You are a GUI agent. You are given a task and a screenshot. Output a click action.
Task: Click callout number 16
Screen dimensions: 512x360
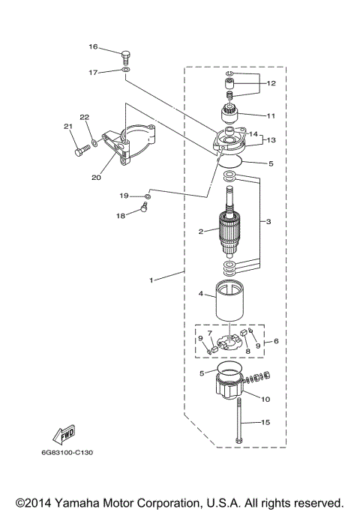pyautogui.click(x=94, y=47)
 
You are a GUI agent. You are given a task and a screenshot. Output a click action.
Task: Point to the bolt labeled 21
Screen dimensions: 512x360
pyautogui.click(x=80, y=151)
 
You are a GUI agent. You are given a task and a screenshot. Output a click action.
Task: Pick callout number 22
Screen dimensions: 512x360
pyautogui.click(x=85, y=117)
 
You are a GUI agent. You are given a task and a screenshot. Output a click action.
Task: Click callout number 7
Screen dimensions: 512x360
pyautogui.click(x=211, y=331)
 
